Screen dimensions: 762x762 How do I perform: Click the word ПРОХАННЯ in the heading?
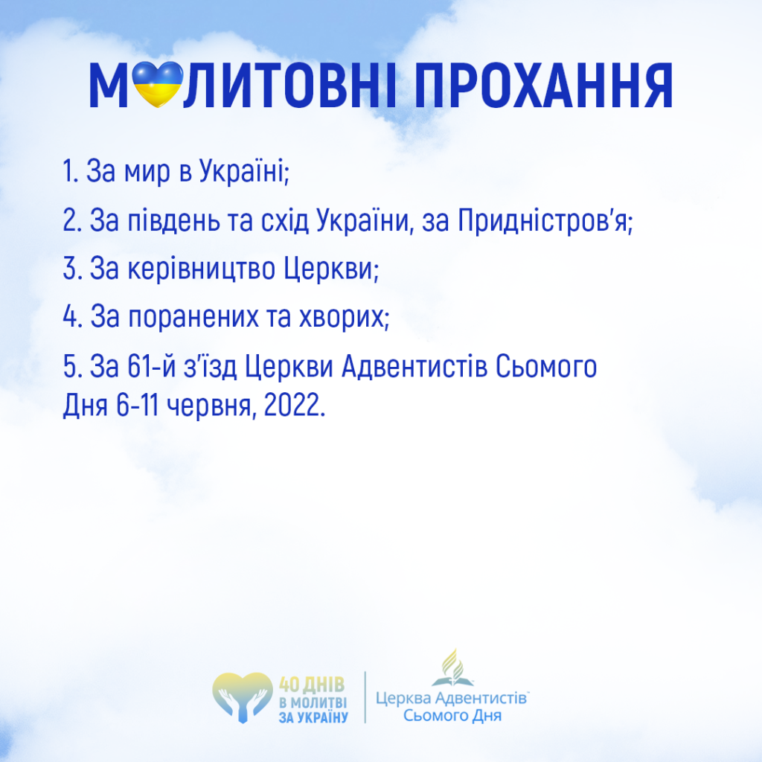543,86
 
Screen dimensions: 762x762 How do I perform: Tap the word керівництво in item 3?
201,269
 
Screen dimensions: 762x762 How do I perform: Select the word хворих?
344,317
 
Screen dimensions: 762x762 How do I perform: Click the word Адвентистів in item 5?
414,366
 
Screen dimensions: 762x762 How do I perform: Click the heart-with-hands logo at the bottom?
243,697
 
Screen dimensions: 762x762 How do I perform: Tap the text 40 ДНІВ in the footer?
312,685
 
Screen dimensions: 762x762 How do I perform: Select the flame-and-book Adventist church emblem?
452,667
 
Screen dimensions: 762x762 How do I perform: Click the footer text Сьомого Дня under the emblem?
452,715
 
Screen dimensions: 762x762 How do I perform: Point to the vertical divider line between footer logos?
365,697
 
